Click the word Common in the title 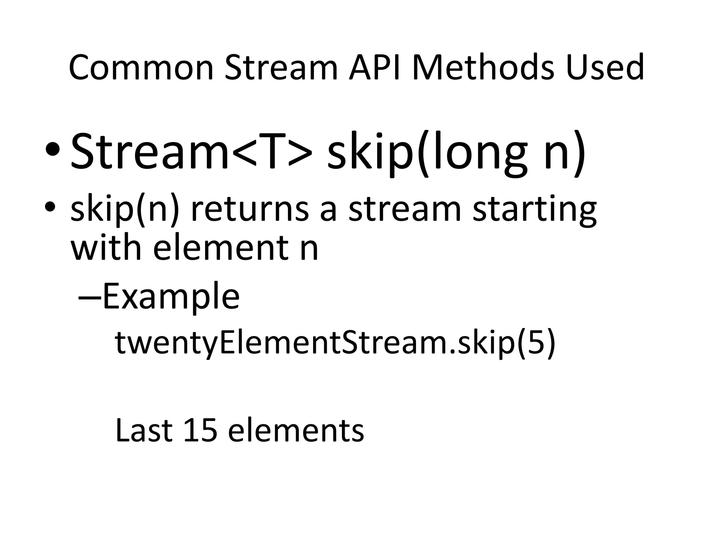tap(141, 68)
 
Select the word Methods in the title tap(483, 68)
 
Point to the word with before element tap(106, 248)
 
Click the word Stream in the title tap(281, 68)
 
